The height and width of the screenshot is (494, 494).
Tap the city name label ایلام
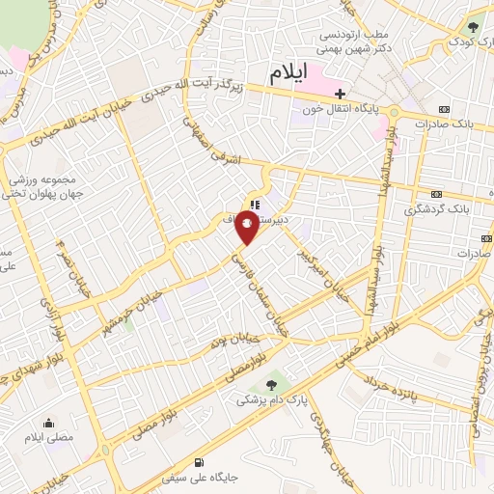[288, 72]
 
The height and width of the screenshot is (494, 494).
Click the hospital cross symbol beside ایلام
[340, 94]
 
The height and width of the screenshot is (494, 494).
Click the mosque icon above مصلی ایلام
[48, 423]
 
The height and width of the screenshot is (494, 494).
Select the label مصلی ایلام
[49, 439]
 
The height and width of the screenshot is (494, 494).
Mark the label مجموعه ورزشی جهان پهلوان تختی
[39, 186]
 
